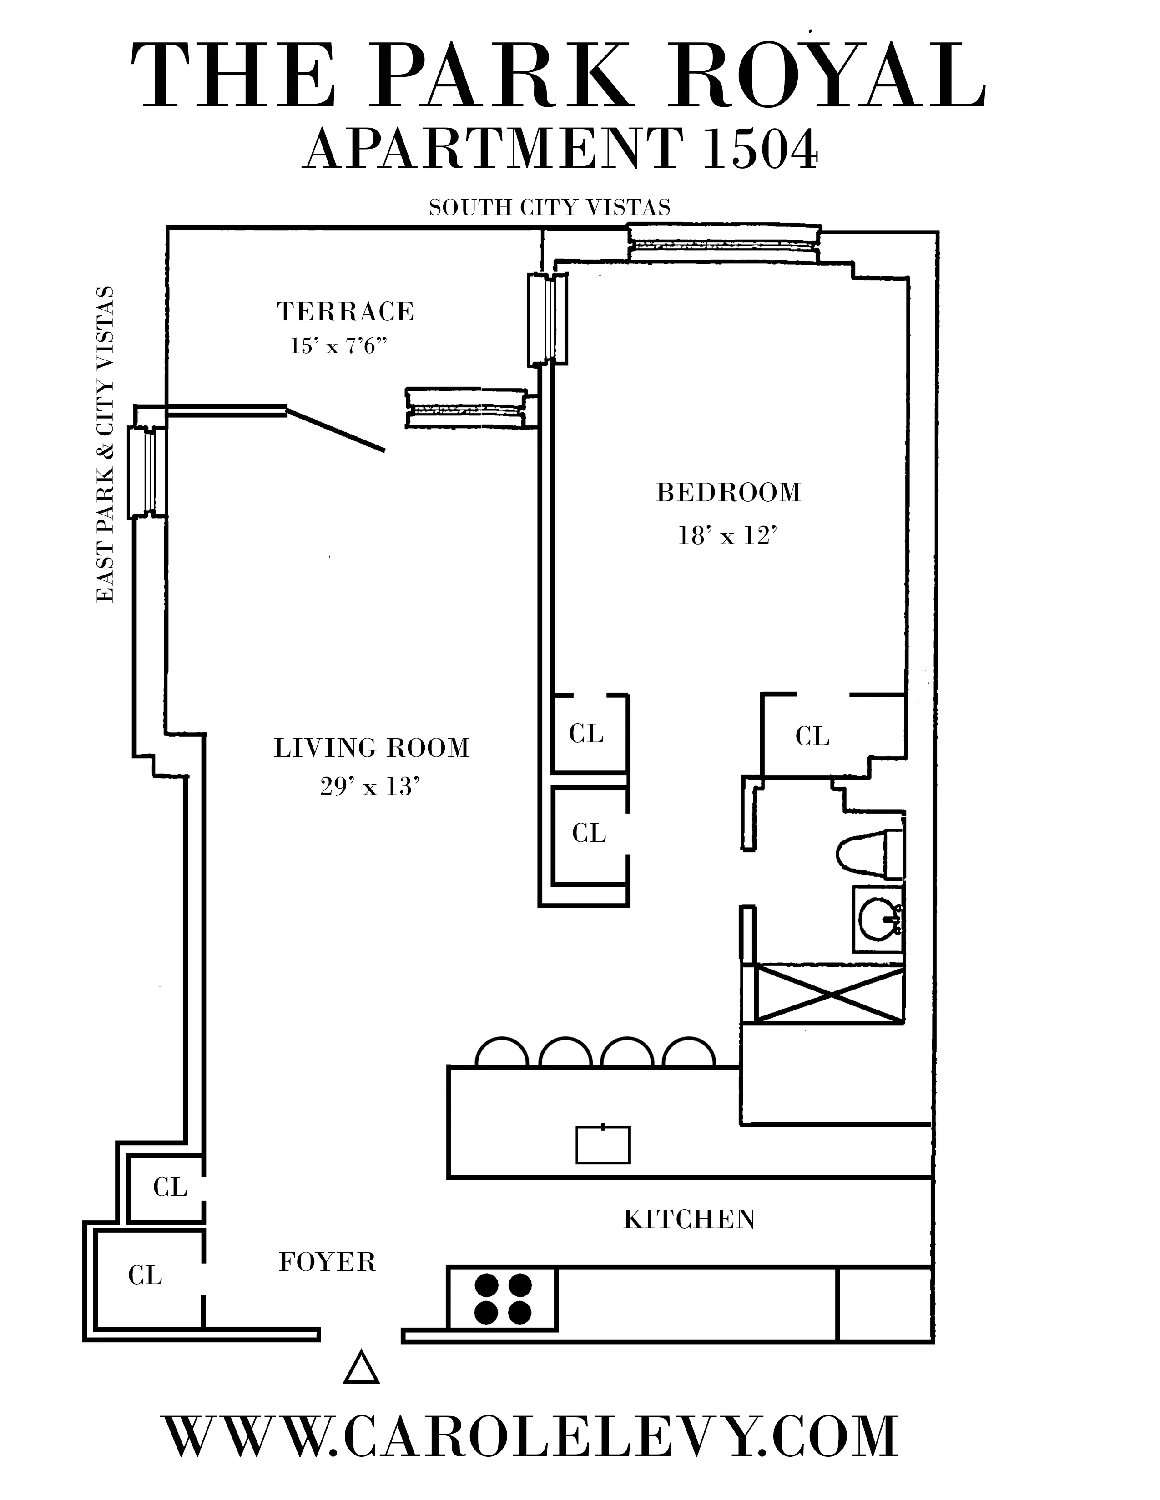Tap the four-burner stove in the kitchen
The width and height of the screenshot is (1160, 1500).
pos(502,1298)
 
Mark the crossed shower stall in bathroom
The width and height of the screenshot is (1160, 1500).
pos(829,994)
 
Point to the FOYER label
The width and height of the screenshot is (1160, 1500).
pos(327,1262)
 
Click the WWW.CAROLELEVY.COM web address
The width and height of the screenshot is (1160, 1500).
pos(531,1436)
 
